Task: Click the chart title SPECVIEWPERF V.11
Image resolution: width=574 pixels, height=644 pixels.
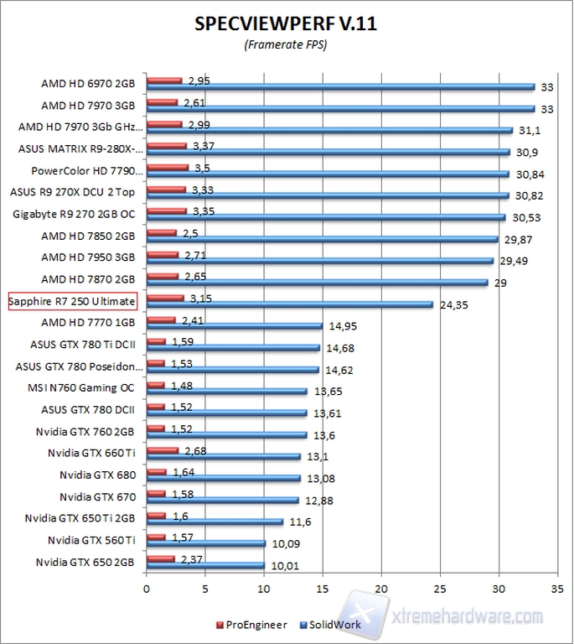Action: [286, 23]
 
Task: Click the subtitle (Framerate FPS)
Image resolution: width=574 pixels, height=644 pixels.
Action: [286, 44]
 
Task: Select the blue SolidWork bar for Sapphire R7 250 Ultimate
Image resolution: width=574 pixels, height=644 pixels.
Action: [290, 304]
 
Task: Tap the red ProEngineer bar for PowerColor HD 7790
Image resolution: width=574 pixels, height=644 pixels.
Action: [166, 168]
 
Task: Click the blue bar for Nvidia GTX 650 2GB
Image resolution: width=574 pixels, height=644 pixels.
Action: [205, 564]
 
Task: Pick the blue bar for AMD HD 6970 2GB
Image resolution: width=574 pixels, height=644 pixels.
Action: [340, 86]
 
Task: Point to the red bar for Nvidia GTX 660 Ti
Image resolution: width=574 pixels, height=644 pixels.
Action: [163, 450]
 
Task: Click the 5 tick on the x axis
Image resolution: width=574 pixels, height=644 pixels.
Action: [205, 589]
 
